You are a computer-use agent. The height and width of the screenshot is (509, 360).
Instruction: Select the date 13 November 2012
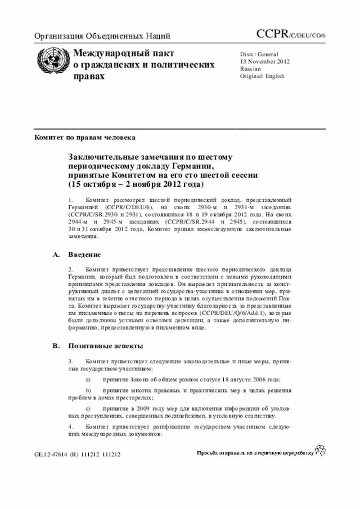pos(265,61)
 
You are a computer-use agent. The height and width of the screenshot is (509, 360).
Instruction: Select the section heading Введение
pos(85,255)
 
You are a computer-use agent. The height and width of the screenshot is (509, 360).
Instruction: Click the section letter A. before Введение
pos(56,255)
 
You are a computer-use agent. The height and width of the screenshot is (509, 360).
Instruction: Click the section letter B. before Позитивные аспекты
pos(56,345)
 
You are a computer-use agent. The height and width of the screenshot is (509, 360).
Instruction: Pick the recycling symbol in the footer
pos(321,449)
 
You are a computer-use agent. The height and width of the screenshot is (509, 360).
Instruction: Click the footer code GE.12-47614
pos(52,453)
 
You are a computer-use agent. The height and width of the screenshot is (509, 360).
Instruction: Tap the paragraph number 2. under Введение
pos(71,270)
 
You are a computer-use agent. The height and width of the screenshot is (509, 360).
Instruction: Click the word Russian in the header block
pos(250,69)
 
